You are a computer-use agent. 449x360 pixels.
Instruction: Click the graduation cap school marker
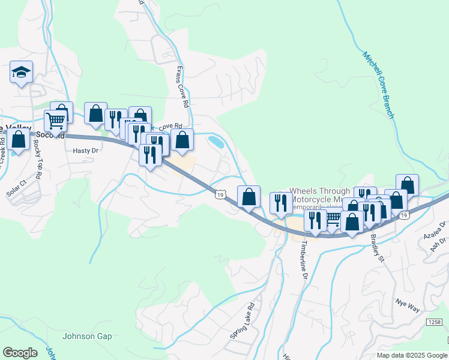click(x=20, y=73)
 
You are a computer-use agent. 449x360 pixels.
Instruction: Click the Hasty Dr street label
click(x=85, y=151)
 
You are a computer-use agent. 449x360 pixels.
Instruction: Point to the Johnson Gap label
click(x=87, y=336)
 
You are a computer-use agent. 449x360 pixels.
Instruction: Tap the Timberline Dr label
click(x=304, y=262)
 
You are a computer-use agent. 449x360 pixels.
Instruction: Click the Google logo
click(x=20, y=353)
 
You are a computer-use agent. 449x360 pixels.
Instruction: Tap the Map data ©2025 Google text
click(x=411, y=355)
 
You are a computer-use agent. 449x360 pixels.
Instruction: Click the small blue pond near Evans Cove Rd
click(x=215, y=142)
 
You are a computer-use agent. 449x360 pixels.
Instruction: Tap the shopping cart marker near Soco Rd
click(x=55, y=121)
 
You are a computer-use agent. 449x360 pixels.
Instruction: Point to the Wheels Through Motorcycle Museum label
click(x=320, y=196)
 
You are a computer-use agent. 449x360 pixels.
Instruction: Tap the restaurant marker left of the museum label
click(x=280, y=203)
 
